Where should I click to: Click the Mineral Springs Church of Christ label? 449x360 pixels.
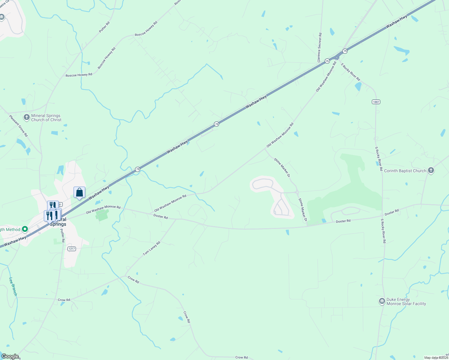point(46,118)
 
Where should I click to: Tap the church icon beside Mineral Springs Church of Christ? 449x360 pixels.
point(27,117)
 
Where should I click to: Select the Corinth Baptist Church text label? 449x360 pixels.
point(405,171)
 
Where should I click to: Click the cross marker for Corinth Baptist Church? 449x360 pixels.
point(431,170)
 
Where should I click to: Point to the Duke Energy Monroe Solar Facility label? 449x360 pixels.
point(406,301)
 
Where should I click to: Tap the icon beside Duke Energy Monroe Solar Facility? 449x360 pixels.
point(382,301)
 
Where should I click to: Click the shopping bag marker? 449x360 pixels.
point(79,192)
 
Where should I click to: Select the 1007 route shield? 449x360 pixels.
point(376,102)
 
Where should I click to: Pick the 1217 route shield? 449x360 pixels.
point(71,249)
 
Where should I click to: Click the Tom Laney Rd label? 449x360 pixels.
point(151,249)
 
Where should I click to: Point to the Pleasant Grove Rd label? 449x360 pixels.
point(18,126)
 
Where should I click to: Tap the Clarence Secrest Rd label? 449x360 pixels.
point(319,47)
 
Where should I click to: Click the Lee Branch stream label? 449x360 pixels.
point(13,286)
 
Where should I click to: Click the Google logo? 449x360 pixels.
point(10,356)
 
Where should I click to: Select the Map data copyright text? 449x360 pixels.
point(436,358)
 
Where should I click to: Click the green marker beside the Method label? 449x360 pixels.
point(25,229)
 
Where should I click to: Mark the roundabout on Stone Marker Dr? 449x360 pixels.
point(297,192)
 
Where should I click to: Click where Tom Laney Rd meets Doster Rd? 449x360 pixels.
point(176,219)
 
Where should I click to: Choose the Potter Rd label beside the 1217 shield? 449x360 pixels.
point(62,235)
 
